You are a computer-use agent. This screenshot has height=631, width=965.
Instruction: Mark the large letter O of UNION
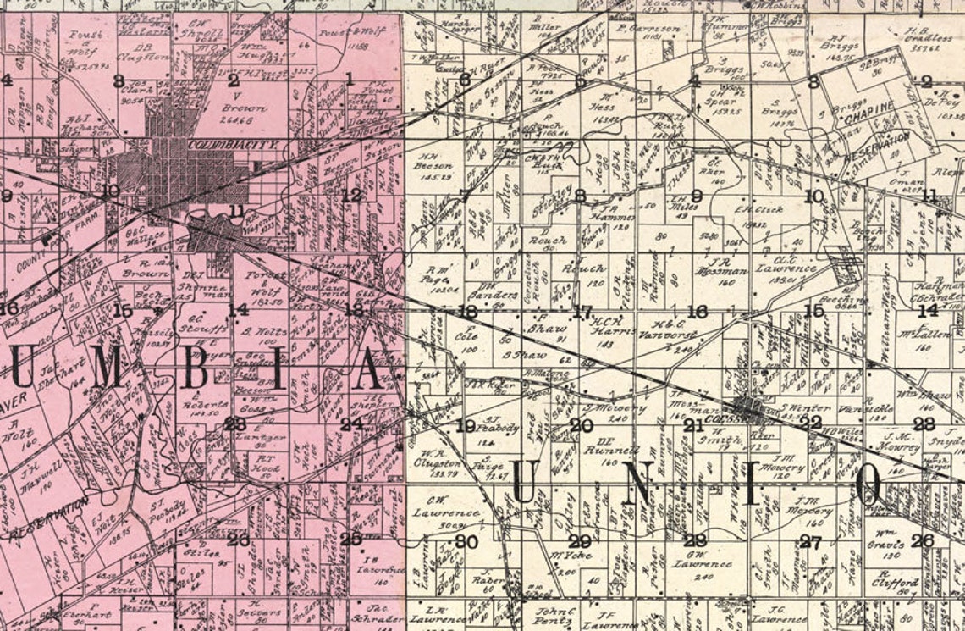[x=869, y=486]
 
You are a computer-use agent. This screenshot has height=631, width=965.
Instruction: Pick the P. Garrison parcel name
[x=648, y=28]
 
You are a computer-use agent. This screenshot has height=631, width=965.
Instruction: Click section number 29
[x=579, y=541]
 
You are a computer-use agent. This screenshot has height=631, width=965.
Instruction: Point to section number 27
[x=810, y=542]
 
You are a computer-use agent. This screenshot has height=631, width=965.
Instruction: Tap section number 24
[x=351, y=424]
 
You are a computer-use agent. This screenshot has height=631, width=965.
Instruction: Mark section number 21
[x=694, y=425]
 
